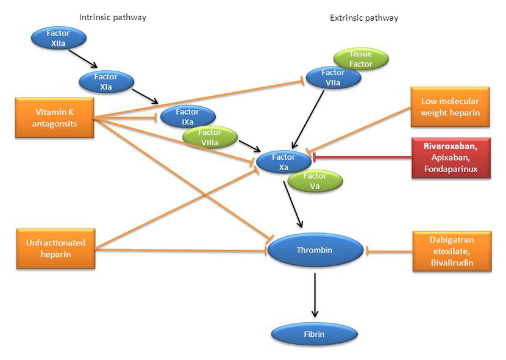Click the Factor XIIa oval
58,38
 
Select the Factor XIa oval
105,82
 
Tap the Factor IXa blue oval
187,117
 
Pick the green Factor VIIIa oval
210,137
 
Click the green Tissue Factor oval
360,59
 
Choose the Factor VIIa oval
333,77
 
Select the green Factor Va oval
315,181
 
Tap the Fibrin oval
313,334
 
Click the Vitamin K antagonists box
55,118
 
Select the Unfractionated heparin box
55,248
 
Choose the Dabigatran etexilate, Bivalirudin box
452,250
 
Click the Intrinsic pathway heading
113,17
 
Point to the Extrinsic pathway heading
364,18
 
